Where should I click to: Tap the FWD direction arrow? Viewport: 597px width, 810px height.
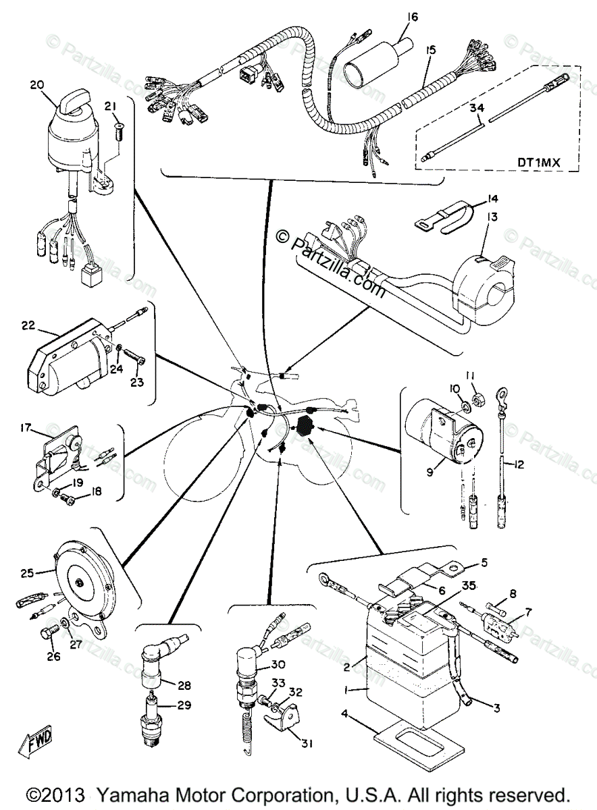coord(39,743)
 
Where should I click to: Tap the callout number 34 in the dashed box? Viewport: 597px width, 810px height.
coord(477,107)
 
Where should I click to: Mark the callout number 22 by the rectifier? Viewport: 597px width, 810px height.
coord(28,325)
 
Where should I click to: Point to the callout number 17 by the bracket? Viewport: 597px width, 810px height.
coord(26,427)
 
